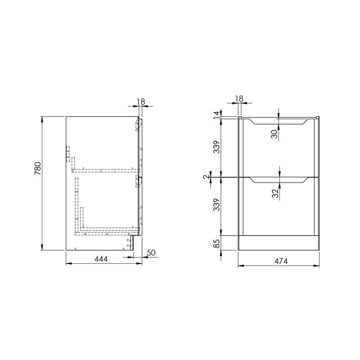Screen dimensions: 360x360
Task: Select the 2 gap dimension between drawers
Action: [x=207, y=177]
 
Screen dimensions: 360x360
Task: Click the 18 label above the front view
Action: [x=239, y=99]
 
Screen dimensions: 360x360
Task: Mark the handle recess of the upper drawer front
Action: [x=279, y=121]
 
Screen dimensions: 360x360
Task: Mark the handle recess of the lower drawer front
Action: [x=279, y=180]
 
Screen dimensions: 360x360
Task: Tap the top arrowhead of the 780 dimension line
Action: [x=42, y=118]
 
